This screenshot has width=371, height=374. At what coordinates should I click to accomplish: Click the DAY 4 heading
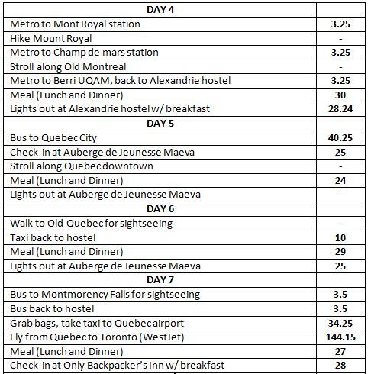160,10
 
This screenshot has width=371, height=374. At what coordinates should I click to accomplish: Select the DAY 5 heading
160,124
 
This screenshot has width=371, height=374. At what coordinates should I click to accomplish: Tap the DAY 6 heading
160,209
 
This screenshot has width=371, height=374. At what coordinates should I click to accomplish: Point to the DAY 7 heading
160,280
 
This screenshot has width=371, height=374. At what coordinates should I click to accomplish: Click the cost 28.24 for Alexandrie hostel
340,109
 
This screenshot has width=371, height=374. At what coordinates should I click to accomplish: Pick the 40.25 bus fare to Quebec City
340,138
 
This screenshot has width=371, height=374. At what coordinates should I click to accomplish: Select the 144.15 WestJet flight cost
340,337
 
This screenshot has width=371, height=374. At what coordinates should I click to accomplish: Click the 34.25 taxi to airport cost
340,324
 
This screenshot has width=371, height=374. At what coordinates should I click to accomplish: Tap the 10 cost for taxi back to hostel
340,238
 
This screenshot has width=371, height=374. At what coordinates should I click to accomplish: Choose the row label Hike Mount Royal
51,39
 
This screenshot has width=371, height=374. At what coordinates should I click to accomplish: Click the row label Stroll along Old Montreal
68,67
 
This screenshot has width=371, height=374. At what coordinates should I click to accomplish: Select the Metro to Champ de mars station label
84,53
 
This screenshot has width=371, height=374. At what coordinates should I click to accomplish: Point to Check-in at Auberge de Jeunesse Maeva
102,153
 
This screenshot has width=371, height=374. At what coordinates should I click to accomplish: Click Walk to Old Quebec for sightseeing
92,224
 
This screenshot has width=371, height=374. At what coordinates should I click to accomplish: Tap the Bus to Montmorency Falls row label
105,295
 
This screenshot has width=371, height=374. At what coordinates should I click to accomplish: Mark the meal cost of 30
340,95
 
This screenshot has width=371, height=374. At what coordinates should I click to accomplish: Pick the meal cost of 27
340,352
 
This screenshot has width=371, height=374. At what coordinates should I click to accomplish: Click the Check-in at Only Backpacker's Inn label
117,366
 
